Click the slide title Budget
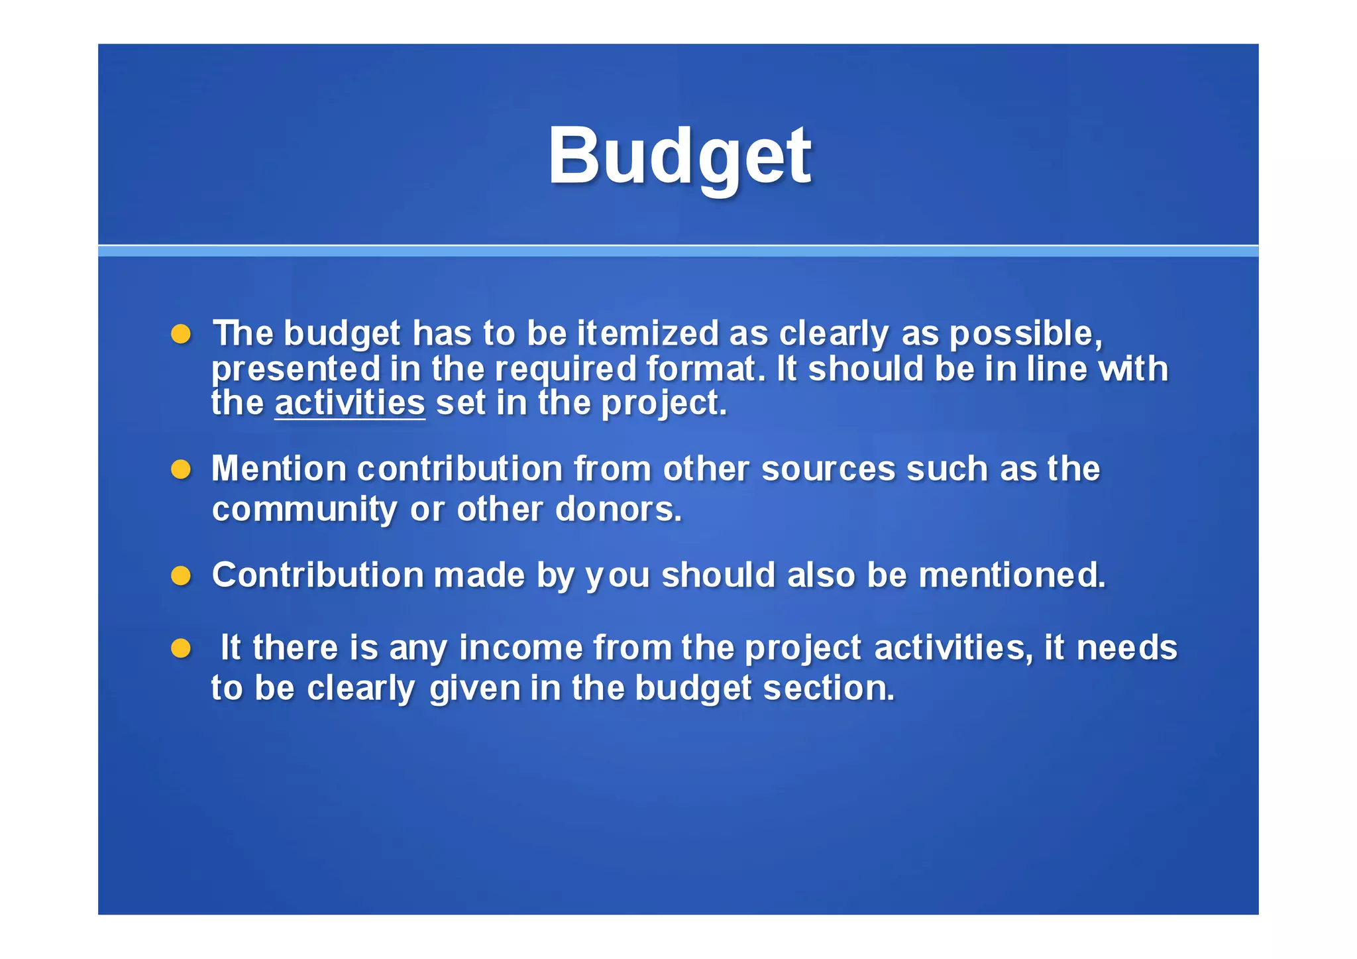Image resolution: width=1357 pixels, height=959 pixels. click(x=679, y=156)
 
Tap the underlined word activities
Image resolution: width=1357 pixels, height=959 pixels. click(x=350, y=403)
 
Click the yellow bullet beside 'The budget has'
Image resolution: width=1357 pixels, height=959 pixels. click(x=181, y=334)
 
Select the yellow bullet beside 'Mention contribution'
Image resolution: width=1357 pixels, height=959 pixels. click(x=181, y=470)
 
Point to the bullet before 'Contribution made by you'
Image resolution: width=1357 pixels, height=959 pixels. click(x=181, y=575)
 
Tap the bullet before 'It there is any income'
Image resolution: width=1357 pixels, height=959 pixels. click(x=181, y=648)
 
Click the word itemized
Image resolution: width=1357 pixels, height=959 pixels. click(x=647, y=333)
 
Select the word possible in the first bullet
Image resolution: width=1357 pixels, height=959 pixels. click(x=1026, y=334)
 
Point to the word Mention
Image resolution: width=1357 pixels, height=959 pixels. click(x=279, y=469)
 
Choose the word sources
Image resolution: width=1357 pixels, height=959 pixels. click(x=828, y=469)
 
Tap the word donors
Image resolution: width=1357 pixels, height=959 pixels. click(x=618, y=509)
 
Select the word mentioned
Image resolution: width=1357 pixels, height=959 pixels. click(x=1012, y=575)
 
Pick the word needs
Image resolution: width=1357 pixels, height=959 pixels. click(x=1126, y=648)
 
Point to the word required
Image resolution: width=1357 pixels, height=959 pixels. click(x=566, y=370)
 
